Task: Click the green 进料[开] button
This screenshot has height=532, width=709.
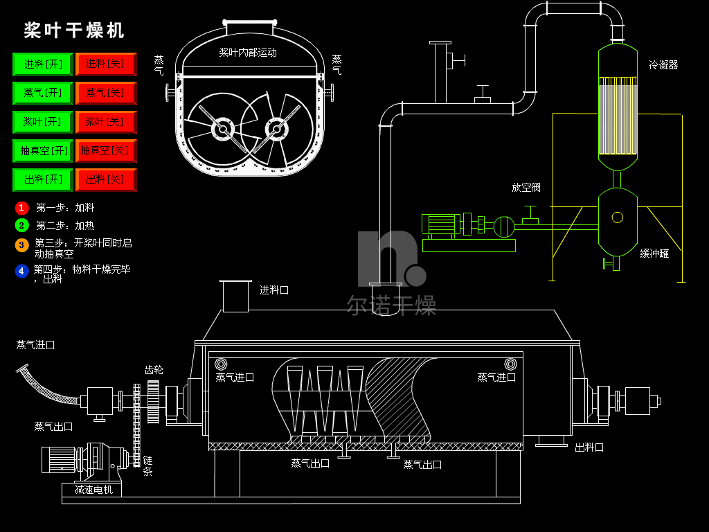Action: coord(42,64)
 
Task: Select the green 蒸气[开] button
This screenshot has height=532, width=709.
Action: coord(42,93)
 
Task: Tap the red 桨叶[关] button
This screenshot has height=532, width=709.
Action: coord(105,122)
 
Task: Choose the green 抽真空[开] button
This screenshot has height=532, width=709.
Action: coord(42,150)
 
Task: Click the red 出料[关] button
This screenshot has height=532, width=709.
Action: coord(105,179)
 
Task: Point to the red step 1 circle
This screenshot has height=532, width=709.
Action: coord(22,207)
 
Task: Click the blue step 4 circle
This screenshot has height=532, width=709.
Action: coord(22,271)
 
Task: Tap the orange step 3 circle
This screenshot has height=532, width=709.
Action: coord(22,245)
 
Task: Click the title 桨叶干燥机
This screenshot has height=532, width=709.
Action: coord(75,30)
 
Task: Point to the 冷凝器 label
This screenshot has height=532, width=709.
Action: coord(663,65)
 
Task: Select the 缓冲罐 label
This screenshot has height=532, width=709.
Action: coord(654,254)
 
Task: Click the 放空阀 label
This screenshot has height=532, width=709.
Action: coord(526,188)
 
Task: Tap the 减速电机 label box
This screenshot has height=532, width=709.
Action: coord(93,490)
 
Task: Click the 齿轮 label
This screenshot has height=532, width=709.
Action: coord(154,370)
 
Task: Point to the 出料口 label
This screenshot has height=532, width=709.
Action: coord(589,447)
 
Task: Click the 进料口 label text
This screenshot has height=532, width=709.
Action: coord(274,290)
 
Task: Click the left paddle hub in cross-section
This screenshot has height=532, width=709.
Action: coord(222,129)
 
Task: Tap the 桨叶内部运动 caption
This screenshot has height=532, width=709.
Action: coord(248,52)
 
